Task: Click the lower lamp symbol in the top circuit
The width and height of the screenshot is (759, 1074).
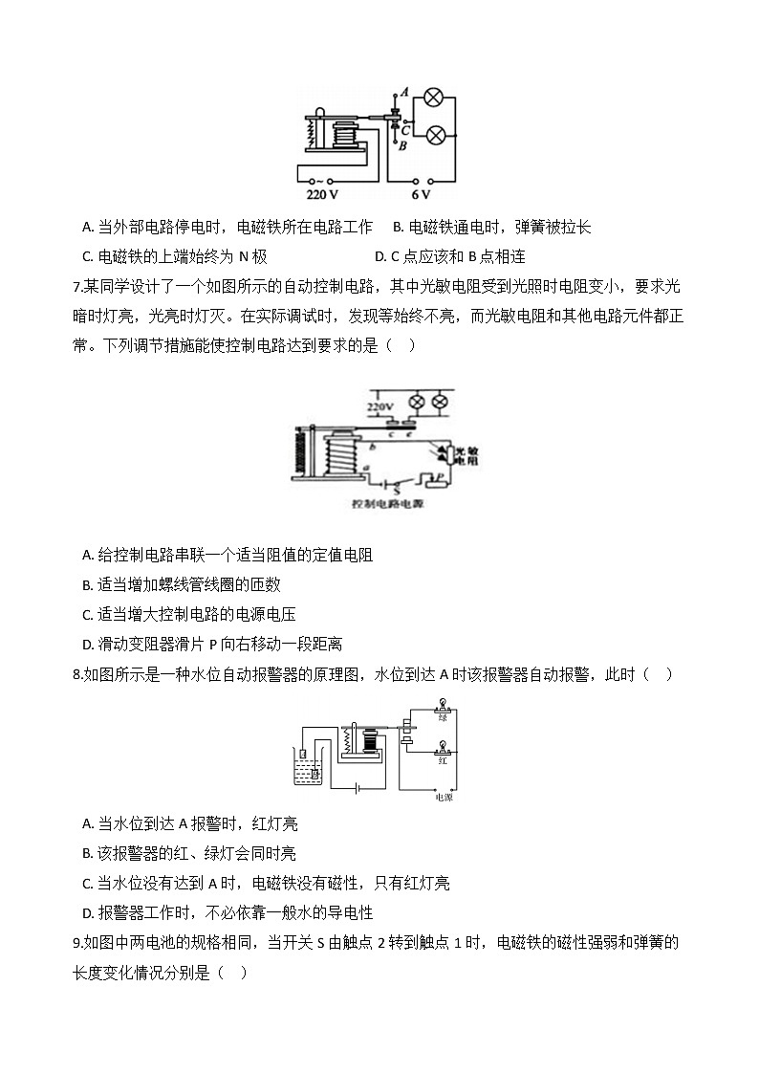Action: [434, 135]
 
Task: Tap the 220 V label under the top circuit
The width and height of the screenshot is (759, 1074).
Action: [321, 195]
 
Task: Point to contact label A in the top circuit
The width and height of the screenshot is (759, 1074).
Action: [404, 93]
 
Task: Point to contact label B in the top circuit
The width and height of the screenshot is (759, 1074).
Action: [403, 145]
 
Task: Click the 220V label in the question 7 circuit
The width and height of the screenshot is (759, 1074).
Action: [380, 407]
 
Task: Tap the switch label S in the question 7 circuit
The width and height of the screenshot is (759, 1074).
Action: [396, 488]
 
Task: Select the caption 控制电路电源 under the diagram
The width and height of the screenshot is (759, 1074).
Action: [387, 503]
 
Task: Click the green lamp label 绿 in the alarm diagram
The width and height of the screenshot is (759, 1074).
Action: [443, 717]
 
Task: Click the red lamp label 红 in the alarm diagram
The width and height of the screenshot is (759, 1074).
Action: [443, 761]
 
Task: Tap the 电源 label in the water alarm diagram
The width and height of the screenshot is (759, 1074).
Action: [444, 796]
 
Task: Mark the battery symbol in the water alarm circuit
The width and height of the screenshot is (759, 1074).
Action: [358, 789]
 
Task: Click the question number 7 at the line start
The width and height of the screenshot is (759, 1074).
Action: [76, 286]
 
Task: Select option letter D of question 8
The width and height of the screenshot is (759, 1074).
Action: [88, 913]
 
